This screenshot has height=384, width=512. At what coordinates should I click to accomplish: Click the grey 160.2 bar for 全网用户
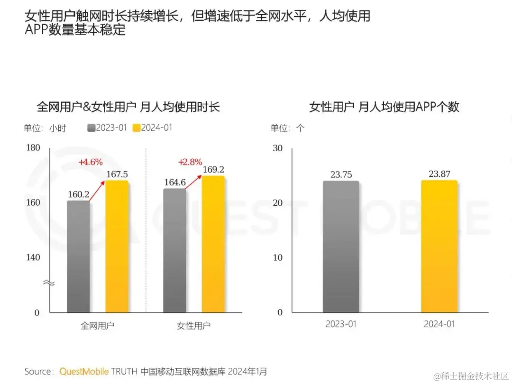(78, 256)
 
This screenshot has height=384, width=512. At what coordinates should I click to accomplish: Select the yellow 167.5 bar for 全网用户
(117, 247)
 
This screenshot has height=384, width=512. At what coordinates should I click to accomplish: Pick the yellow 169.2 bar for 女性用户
(213, 244)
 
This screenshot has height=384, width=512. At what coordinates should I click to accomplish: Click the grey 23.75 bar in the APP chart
(341, 247)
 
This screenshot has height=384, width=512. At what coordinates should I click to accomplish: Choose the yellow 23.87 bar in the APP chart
(439, 247)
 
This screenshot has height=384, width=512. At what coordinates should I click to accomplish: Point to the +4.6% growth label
(91, 162)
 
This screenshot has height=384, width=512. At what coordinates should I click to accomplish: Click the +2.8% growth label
(190, 162)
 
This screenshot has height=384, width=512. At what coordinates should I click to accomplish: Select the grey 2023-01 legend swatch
(91, 128)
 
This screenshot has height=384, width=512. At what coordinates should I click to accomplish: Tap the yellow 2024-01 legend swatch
(137, 128)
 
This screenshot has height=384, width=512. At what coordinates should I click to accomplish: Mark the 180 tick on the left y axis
(33, 148)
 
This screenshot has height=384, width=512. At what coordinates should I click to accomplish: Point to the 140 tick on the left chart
(33, 257)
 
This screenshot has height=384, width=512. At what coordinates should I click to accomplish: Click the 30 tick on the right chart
(277, 148)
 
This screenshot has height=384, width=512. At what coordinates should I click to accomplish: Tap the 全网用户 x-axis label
(97, 326)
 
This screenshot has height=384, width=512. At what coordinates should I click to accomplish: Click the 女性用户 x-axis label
(193, 326)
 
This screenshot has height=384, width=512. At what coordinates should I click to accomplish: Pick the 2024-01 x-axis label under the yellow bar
(439, 324)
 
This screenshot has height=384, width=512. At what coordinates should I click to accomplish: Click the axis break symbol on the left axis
(49, 283)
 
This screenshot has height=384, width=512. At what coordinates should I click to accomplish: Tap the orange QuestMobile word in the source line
(84, 371)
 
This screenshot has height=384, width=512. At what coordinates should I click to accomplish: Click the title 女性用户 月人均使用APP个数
(384, 107)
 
